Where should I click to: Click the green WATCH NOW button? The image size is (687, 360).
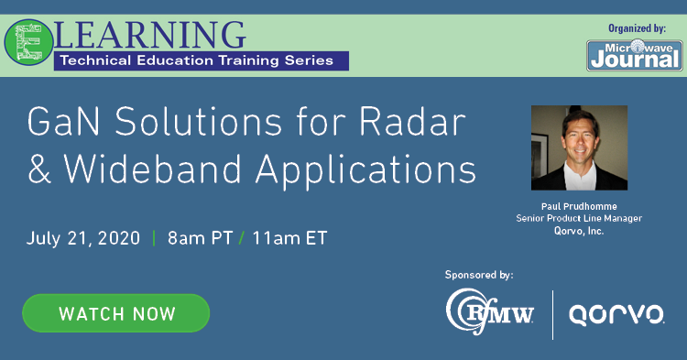116,313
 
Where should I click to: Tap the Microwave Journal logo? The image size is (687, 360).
633,54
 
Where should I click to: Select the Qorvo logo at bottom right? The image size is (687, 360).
617,314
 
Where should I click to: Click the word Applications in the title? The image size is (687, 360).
367,170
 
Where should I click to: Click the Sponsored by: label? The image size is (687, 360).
479,274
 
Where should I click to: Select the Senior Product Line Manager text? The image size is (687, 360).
580,220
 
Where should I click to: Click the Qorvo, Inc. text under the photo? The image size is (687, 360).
580,231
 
